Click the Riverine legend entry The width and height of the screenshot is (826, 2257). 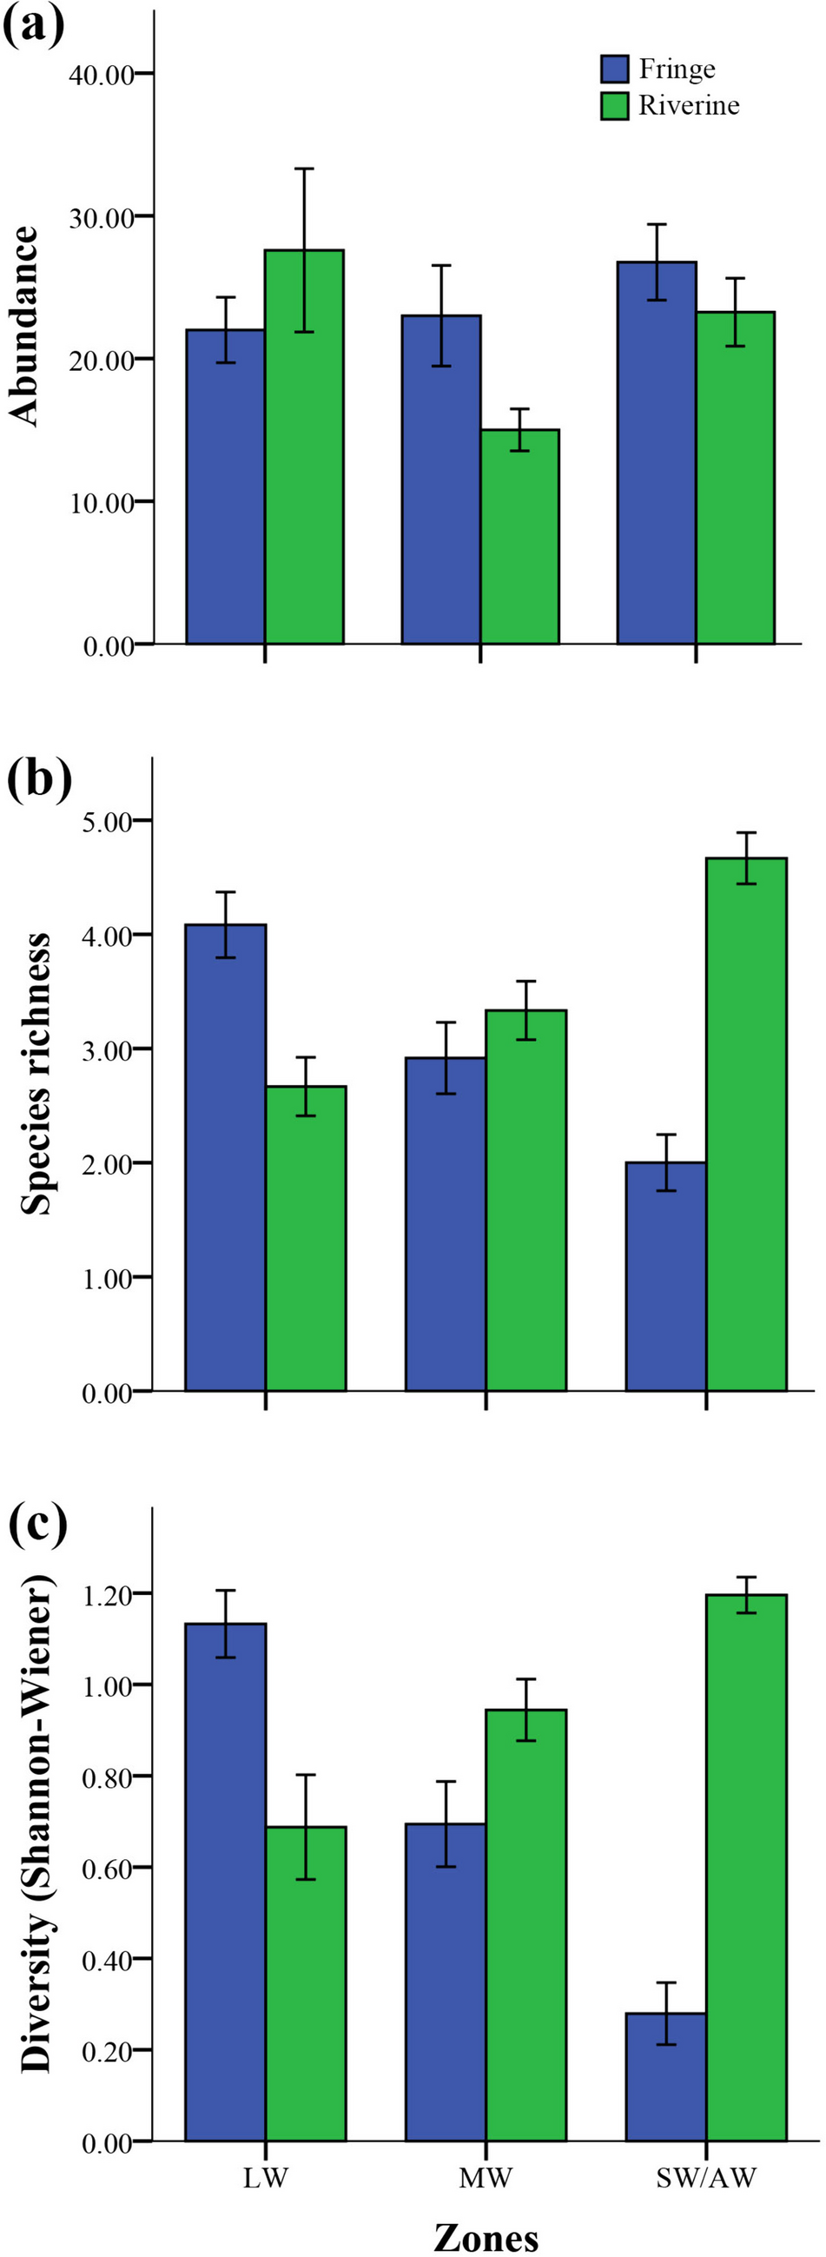[x=670, y=106]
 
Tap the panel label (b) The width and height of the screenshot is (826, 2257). [x=38, y=780]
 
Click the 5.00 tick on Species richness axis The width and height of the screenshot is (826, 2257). [x=108, y=821]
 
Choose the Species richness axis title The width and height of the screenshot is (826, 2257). [x=35, y=1073]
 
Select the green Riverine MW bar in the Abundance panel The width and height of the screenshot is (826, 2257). [x=519, y=537]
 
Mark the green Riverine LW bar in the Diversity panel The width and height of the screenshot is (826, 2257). [x=305, y=1983]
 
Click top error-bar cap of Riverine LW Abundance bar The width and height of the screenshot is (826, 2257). [x=304, y=169]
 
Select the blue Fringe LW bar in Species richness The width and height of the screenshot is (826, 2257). [x=225, y=1156]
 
